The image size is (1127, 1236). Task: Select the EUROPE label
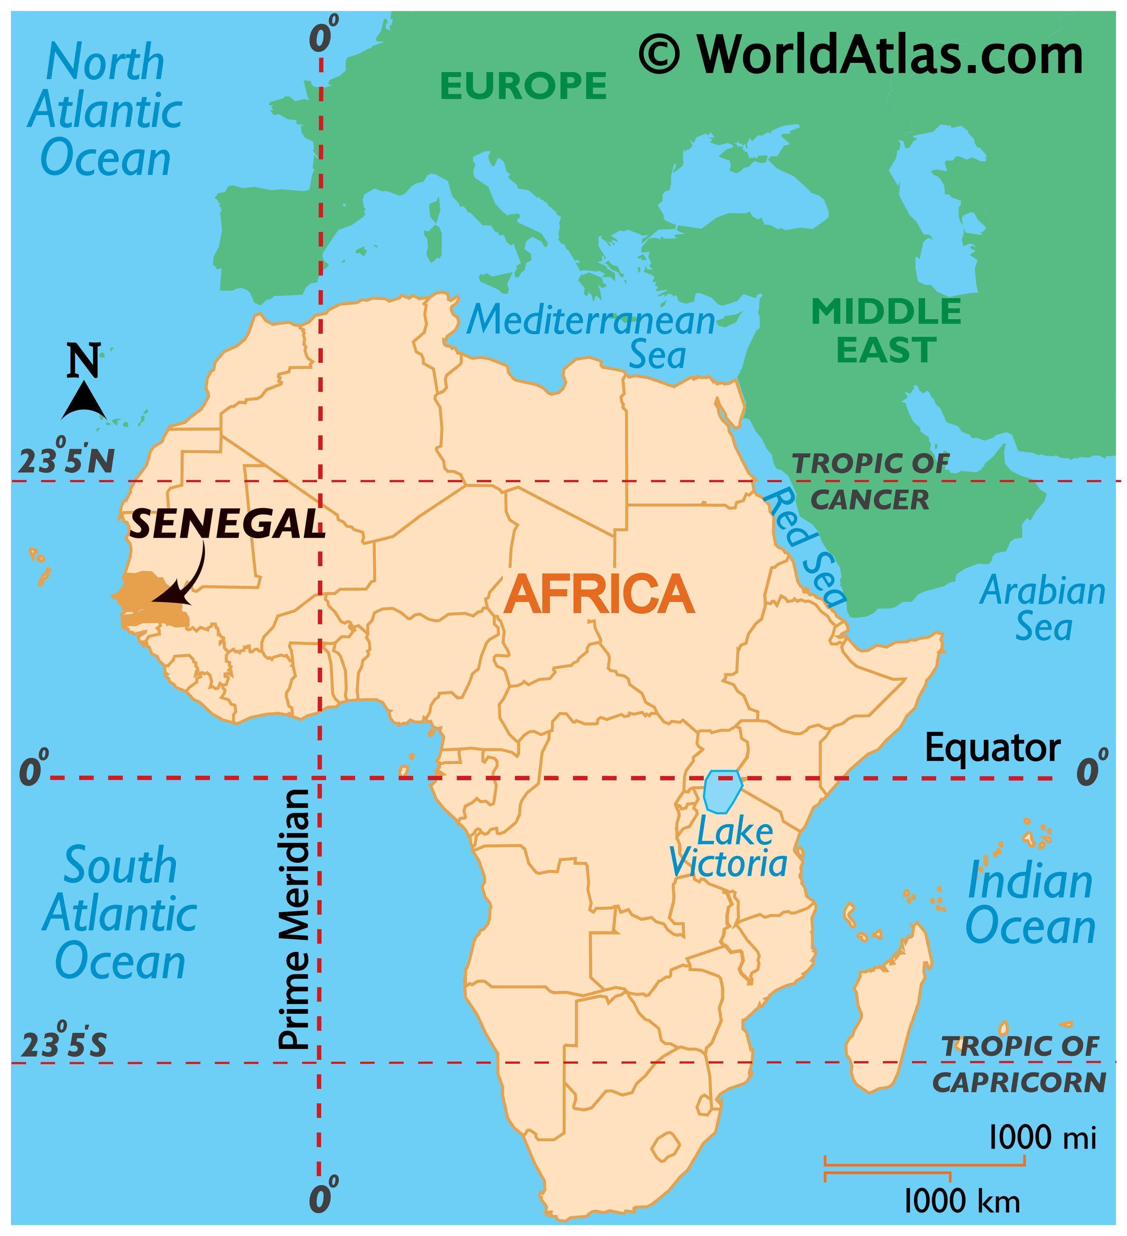coord(523,86)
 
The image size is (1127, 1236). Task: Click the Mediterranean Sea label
coord(592,337)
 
